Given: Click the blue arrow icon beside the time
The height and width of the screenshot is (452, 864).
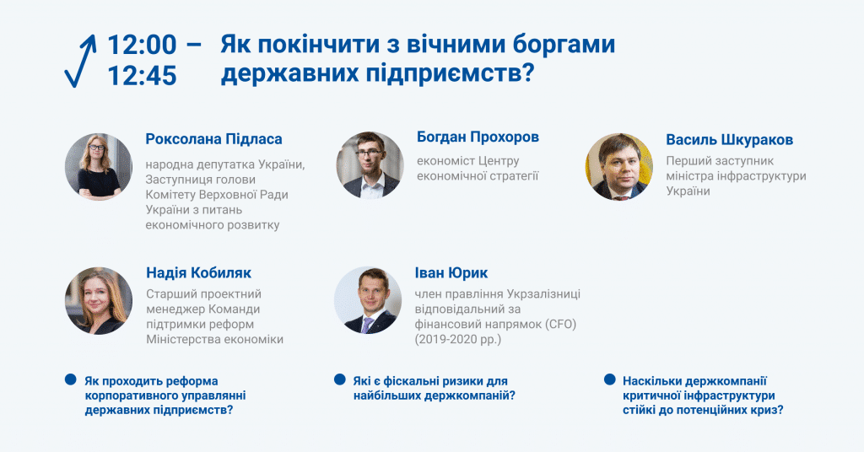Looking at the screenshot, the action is (x=81, y=62).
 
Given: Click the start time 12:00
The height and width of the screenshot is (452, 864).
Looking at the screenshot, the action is (x=142, y=45).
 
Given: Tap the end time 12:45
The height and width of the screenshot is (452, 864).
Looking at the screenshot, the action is (x=142, y=75).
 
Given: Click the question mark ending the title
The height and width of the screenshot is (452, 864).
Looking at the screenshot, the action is (x=527, y=73).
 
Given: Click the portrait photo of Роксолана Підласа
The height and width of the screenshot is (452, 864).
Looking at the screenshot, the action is (x=99, y=166).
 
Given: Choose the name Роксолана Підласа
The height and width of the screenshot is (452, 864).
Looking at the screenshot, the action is (x=213, y=139).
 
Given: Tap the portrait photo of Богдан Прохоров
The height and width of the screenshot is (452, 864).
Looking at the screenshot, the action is (x=370, y=164).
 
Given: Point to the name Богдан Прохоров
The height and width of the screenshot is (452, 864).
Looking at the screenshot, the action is (x=478, y=137).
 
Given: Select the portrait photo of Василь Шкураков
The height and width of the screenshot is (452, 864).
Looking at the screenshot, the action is (x=618, y=166).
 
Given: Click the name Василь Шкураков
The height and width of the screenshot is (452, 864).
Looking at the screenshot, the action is (x=730, y=140).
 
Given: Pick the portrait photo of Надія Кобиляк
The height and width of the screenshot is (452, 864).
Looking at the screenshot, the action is (x=99, y=300).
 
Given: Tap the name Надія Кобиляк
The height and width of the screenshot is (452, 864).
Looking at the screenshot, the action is (x=198, y=272).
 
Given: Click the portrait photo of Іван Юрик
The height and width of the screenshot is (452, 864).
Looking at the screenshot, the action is (x=368, y=300).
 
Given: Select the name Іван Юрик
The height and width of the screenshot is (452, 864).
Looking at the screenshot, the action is (x=451, y=273).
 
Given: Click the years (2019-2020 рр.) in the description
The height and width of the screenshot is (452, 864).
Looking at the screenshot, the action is (x=458, y=340).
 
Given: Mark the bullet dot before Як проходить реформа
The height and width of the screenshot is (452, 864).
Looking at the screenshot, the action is (x=71, y=379).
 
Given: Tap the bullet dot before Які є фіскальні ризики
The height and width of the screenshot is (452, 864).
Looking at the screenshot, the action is (x=340, y=379).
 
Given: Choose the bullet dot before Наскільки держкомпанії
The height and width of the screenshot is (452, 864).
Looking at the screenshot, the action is (x=609, y=379).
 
